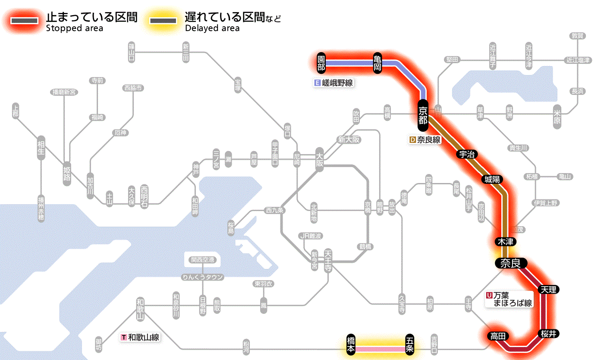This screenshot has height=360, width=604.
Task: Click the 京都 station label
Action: coord(423,115)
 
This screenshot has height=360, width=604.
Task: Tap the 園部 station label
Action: coord(321,63)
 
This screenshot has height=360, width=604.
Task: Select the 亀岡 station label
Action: coord(377,63)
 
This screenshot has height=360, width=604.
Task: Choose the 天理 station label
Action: coord(548,289)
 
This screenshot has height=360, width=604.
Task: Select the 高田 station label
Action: coord(499,336)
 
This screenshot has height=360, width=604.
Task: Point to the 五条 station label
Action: coord(409,345)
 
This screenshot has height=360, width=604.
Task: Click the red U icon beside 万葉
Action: coord(489,296)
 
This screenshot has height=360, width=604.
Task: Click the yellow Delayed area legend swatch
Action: coord(163,21)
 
